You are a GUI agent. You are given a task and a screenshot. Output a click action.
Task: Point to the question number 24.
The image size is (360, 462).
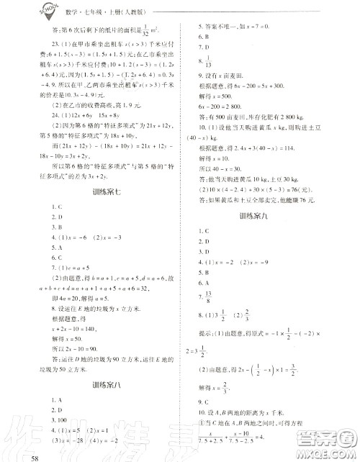pos(51,133)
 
